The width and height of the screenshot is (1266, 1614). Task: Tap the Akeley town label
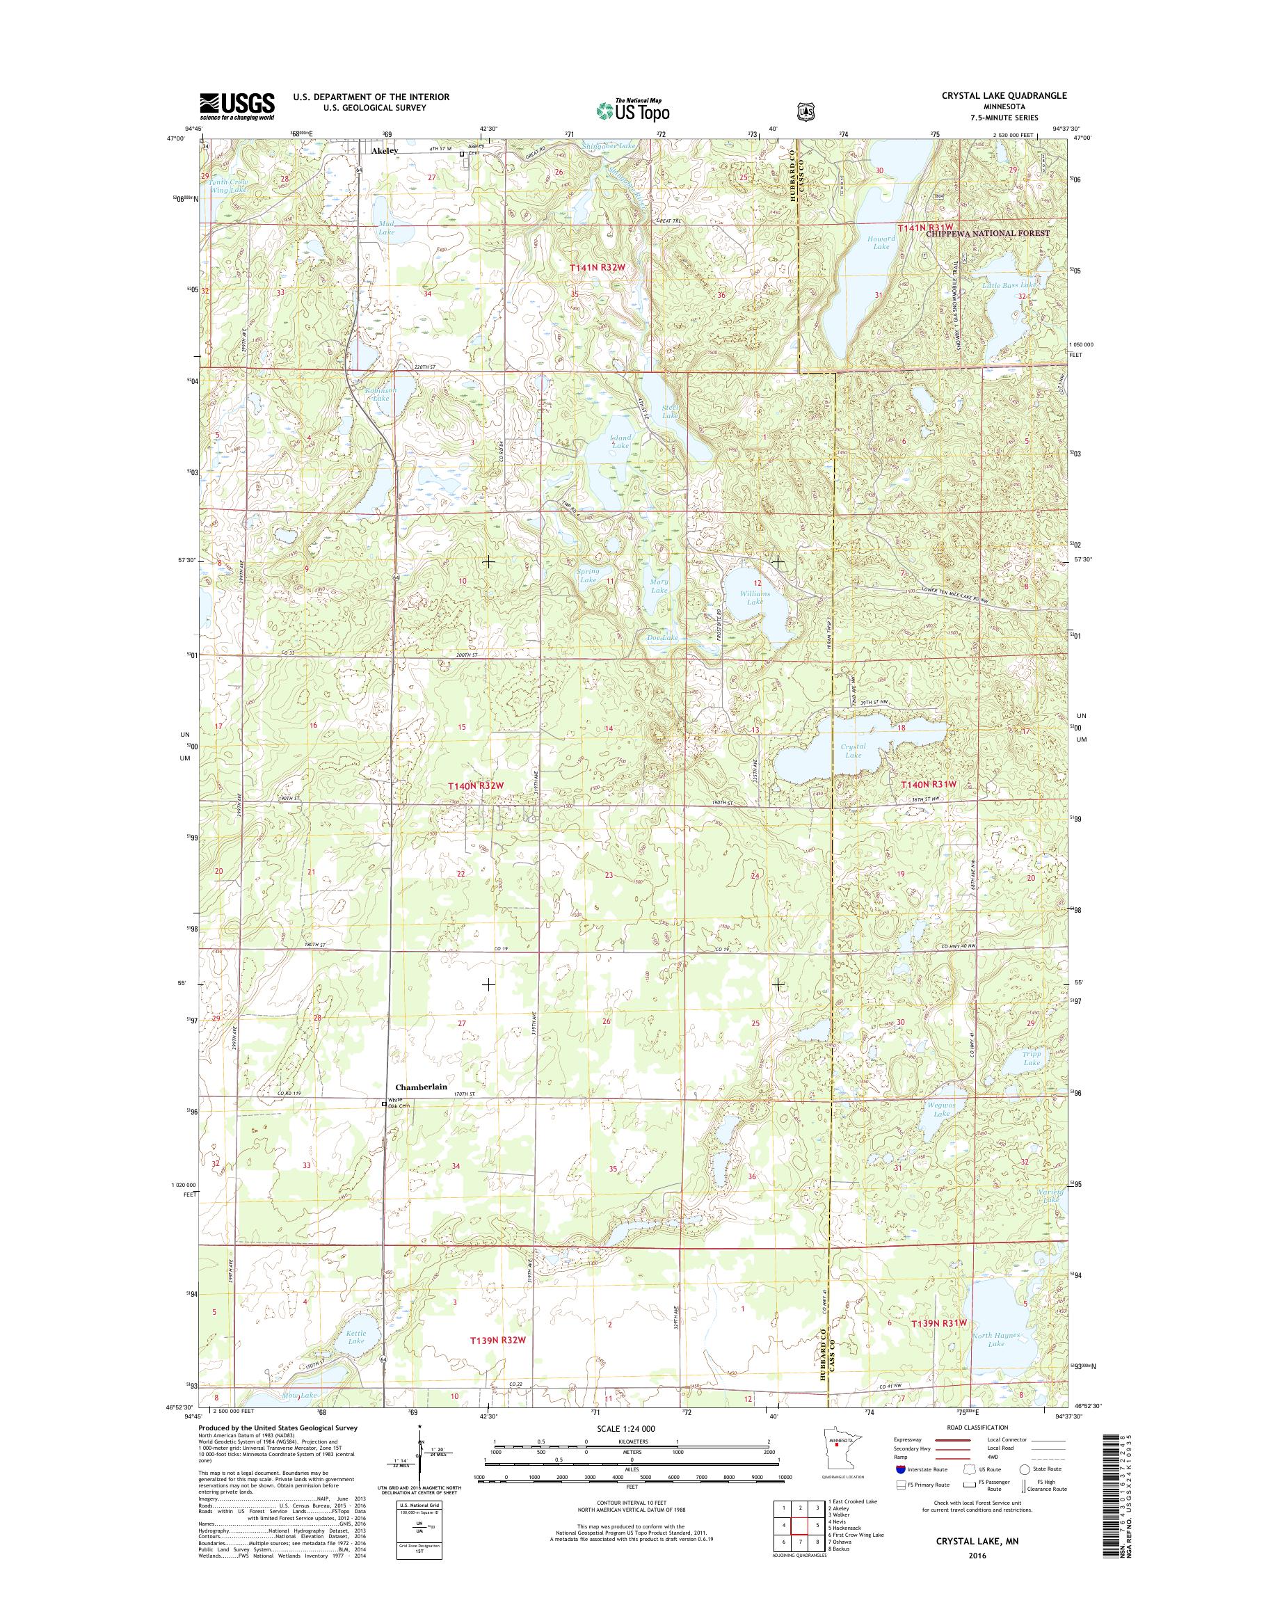[384, 150]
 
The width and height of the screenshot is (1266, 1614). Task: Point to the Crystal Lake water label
[853, 750]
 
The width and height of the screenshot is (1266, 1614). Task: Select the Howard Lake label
[881, 242]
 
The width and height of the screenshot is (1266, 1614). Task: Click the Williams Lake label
[755, 598]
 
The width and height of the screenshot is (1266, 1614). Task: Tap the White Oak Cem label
[399, 1104]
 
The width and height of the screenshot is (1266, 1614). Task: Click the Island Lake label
[620, 442]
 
